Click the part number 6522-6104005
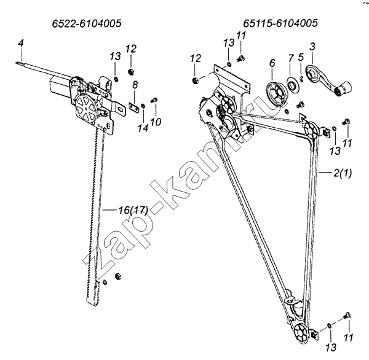(x=87, y=23)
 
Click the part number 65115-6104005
(x=280, y=23)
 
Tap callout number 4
(x=21, y=44)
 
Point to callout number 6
(x=272, y=63)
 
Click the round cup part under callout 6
(x=277, y=93)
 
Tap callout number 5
(x=301, y=57)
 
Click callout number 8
(x=135, y=85)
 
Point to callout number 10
(x=156, y=122)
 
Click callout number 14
(x=143, y=128)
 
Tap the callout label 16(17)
(x=133, y=210)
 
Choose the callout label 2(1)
(x=343, y=173)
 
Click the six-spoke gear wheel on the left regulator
(x=86, y=108)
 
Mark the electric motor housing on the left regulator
(x=60, y=87)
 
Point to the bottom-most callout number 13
(x=331, y=347)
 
